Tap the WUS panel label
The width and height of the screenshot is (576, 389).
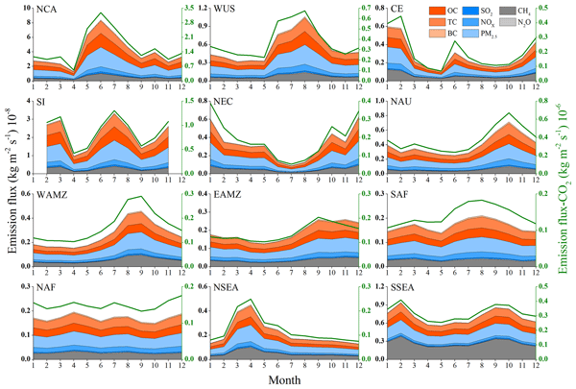(x=227, y=11)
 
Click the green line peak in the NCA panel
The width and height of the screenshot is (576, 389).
(x=101, y=13)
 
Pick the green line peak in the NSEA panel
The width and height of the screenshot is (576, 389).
(x=252, y=300)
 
